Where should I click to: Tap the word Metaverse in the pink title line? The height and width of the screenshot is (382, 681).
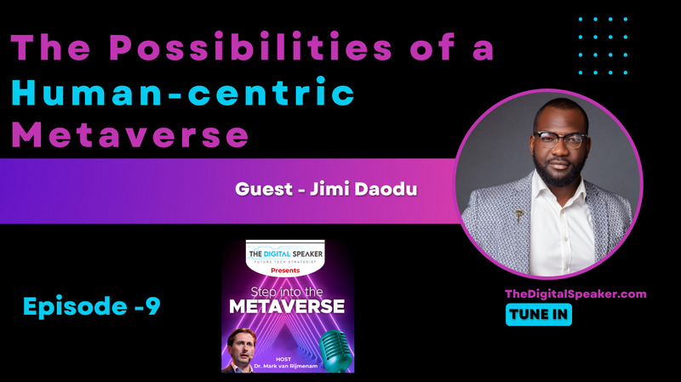tap(130, 134)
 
